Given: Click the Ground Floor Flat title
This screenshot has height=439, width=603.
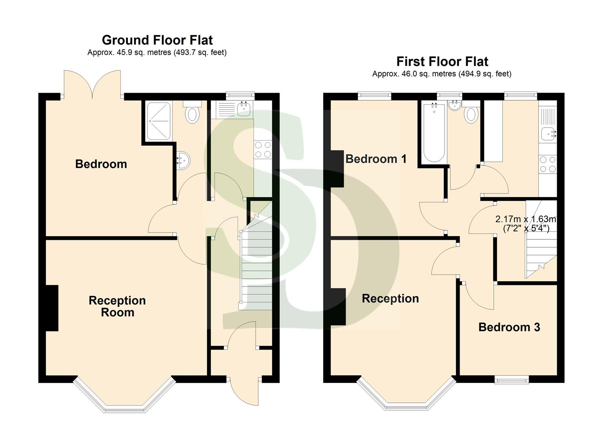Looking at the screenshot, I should tap(157, 40).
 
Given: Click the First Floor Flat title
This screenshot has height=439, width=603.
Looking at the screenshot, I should tap(442, 61).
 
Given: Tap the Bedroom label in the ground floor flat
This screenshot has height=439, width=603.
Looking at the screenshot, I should tap(101, 164).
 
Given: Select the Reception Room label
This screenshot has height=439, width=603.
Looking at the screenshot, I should tap(117, 306).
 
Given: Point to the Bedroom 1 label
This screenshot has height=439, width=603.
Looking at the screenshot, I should tap(376, 159).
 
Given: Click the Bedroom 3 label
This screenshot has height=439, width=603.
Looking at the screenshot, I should tap(509, 327).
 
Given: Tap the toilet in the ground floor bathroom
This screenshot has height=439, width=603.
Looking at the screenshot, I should tap(192, 113).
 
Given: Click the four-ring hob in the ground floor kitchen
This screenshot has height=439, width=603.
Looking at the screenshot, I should tap(262, 149).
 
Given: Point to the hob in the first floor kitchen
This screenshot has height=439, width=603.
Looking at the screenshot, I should tap(547, 165).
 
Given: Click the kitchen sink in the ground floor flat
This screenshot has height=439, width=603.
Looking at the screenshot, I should tap(244, 109).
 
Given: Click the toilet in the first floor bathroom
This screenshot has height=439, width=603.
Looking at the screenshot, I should tap(471, 114).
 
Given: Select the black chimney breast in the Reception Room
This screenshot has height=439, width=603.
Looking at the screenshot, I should tap(52, 308).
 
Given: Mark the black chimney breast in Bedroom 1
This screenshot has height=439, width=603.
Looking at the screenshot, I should tap(337, 169).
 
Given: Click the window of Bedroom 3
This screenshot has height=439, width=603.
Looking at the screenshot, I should tap(512, 380).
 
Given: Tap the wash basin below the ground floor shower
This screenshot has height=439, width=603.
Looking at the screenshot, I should tap(183, 160).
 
